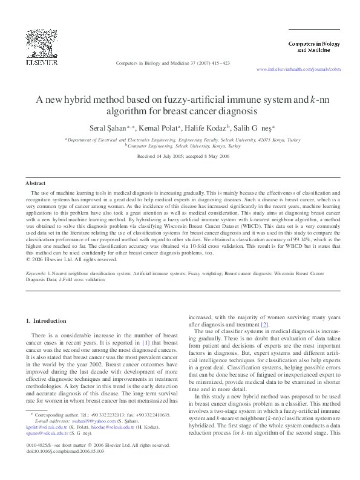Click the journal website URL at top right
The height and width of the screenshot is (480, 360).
click(x=298, y=70)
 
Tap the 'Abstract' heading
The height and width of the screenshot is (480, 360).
click(x=35, y=183)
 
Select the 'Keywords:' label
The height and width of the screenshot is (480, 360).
click(x=36, y=274)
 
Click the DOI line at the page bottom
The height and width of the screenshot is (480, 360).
click(x=65, y=468)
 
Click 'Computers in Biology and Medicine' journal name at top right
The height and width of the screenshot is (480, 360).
click(x=313, y=47)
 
